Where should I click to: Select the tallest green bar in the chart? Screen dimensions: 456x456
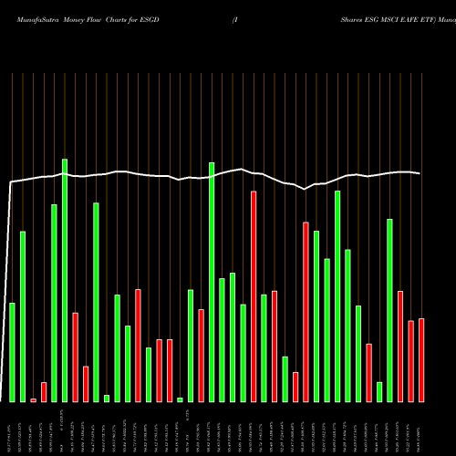(65, 280)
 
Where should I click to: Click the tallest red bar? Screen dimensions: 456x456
(254, 296)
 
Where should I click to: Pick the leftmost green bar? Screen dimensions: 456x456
(12, 352)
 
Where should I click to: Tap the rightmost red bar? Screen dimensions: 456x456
(421, 360)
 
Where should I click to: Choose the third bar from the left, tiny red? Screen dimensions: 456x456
(34, 399)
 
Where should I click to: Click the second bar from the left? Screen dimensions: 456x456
(23, 316)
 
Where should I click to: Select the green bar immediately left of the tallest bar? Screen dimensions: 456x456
(54, 303)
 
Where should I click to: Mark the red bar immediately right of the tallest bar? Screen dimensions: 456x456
(76, 357)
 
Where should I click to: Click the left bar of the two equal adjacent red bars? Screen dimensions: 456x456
(159, 370)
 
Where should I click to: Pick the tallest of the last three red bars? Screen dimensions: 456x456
(400, 346)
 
